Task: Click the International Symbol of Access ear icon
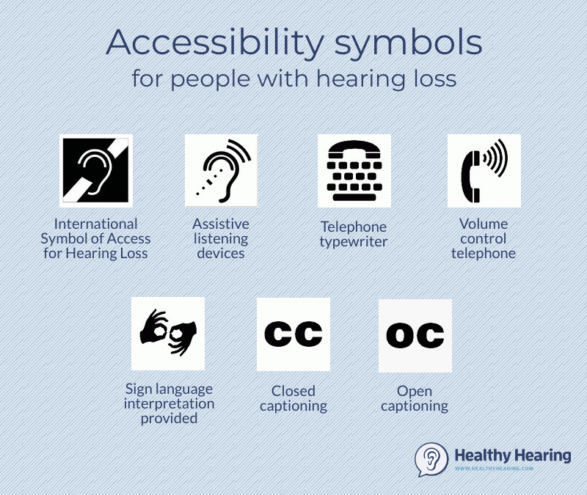click(96, 170)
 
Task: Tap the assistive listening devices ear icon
click(221, 170)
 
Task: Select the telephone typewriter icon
click(354, 170)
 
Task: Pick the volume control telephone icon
click(484, 170)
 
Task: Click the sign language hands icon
click(168, 333)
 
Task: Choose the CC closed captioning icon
click(293, 334)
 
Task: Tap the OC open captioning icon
click(415, 335)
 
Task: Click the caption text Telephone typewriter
click(353, 234)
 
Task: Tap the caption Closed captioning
click(293, 398)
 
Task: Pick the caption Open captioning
click(415, 398)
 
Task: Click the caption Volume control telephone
click(484, 238)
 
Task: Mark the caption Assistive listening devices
click(221, 238)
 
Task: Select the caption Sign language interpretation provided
click(169, 403)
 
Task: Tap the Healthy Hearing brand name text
click(512, 455)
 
